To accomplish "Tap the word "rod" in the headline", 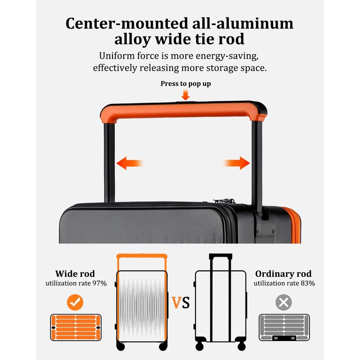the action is click(230, 39).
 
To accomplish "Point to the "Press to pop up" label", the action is click(185, 84).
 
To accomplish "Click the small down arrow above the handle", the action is click(185, 95).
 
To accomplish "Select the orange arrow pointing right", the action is click(237, 163).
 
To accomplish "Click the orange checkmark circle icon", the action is click(75, 302).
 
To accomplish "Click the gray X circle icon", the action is click(283, 302).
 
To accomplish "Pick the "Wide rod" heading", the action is click(75, 274).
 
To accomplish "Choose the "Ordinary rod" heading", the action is click(283, 274).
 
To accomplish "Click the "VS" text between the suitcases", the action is click(180, 302).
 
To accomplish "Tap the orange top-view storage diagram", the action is click(75, 327).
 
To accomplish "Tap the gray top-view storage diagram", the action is click(284, 327).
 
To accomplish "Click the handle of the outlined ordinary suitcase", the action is click(220, 257).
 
